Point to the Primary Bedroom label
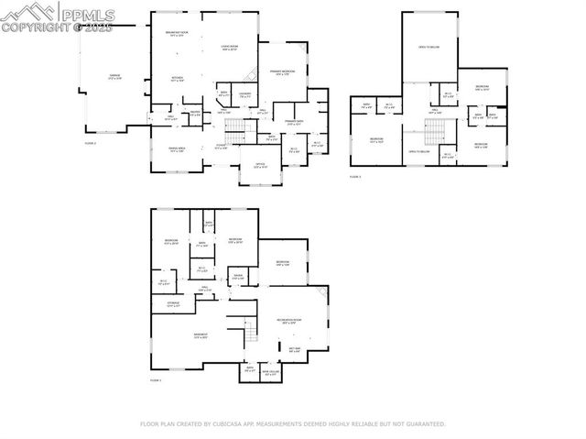[x=281, y=72]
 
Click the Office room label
[x=260, y=167]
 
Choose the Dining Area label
[x=177, y=149]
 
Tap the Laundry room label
[x=245, y=93]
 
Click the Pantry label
[x=194, y=112]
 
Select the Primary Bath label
[x=294, y=122]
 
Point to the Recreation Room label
[x=291, y=321]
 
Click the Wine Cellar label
[x=270, y=373]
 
